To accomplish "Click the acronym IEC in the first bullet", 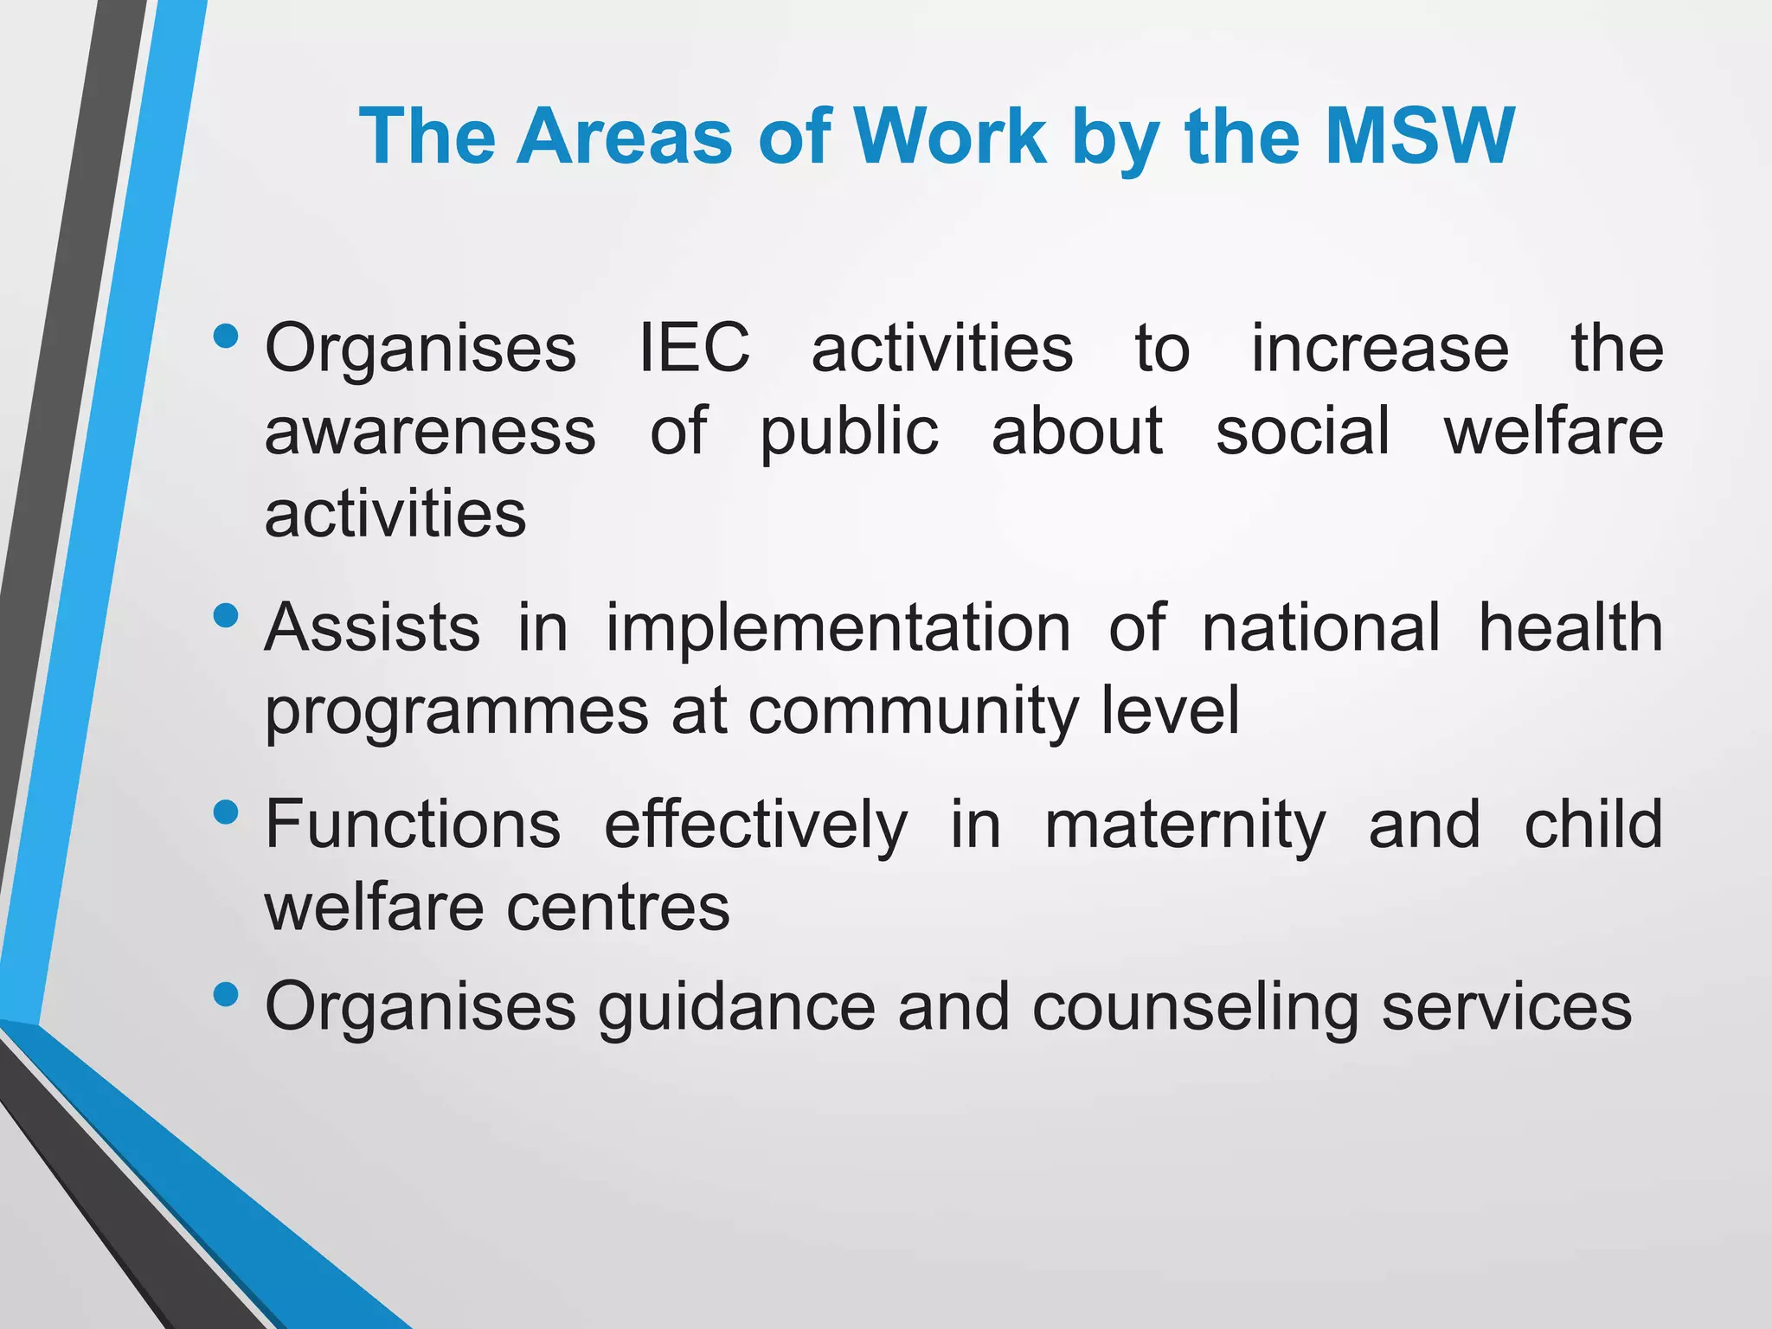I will pyautogui.click(x=694, y=348).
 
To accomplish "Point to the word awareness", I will pyautogui.click(x=430, y=431).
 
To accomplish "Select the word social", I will pyautogui.click(x=1302, y=431).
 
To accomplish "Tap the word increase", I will pyautogui.click(x=1380, y=348).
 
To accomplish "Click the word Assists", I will pyautogui.click(x=372, y=627).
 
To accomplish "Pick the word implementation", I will pyautogui.click(x=838, y=629).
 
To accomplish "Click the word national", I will pyautogui.click(x=1321, y=627).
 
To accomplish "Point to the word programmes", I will pyautogui.click(x=456, y=712).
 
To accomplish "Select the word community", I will pyautogui.click(x=913, y=712).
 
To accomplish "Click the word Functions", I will pyautogui.click(x=413, y=824).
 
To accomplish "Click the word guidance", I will pyautogui.click(x=736, y=1008).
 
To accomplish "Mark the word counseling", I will pyautogui.click(x=1195, y=1008).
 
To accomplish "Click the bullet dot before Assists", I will pyautogui.click(x=225, y=616).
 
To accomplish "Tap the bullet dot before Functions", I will pyautogui.click(x=225, y=812).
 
